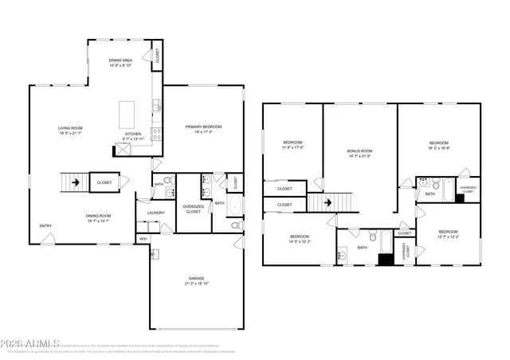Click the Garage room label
coord(196,278)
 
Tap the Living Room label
coord(72,127)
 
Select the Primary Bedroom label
coord(203,127)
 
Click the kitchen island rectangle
coord(127,114)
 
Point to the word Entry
coord(45,226)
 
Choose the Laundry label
coord(155,213)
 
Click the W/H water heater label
coord(143,239)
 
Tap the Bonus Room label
coord(359,151)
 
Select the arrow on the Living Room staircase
coord(76,182)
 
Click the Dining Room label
coord(99,216)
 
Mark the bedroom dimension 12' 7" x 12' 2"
coord(448,237)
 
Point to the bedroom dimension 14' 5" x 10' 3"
coord(300,241)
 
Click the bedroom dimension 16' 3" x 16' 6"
coord(439,148)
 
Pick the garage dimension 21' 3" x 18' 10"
coord(196,283)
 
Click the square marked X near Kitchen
coord(123,150)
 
